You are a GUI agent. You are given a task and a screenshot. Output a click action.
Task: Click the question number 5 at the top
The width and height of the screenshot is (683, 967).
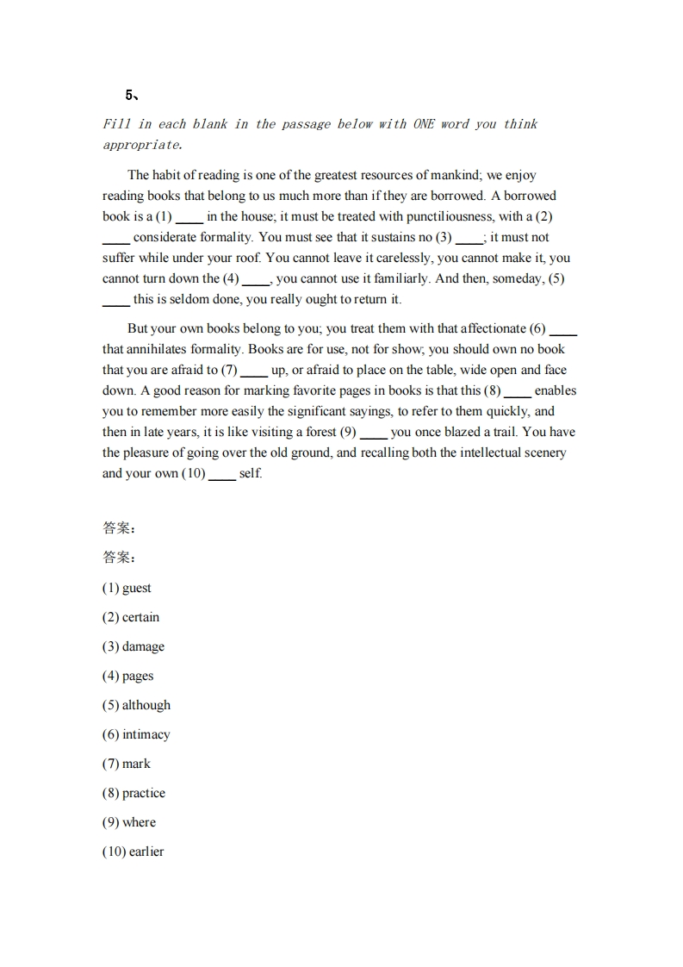pyautogui.click(x=128, y=95)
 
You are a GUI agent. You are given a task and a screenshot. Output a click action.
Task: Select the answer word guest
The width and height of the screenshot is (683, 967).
pyautogui.click(x=136, y=588)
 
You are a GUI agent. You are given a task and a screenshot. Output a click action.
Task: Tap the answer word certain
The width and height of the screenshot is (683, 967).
pyautogui.click(x=140, y=617)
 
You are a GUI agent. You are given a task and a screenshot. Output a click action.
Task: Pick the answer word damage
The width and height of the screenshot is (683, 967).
pyautogui.click(x=143, y=646)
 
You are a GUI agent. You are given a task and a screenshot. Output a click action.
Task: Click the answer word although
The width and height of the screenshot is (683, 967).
pyautogui.click(x=146, y=705)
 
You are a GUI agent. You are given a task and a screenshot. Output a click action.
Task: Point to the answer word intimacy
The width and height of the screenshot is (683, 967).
pyautogui.click(x=146, y=734)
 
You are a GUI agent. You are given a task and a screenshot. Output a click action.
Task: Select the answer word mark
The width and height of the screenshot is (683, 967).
pyautogui.click(x=136, y=764)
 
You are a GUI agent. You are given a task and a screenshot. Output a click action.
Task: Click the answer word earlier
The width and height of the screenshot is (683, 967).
pyautogui.click(x=146, y=852)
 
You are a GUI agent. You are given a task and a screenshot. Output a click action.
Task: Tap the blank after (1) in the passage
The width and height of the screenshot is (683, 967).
pyautogui.click(x=189, y=218)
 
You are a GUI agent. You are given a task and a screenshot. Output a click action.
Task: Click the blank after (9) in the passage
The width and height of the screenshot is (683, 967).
pyautogui.click(x=373, y=434)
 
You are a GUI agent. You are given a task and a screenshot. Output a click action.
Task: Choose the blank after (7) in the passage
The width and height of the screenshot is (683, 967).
pyautogui.click(x=253, y=371)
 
